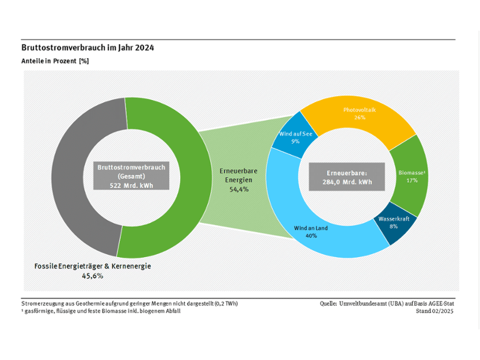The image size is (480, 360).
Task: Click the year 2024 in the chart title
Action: point(144,48)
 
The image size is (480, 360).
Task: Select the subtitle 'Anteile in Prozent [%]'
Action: point(55,61)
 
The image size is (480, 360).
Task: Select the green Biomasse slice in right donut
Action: point(410,177)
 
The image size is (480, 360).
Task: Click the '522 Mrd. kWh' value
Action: point(131,186)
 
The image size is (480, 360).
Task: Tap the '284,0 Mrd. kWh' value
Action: point(347,182)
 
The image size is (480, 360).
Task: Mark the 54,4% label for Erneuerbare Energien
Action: point(239,189)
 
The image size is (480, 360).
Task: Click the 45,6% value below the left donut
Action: point(93,276)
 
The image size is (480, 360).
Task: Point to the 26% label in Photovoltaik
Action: point(360,117)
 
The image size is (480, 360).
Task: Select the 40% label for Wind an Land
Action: point(311,236)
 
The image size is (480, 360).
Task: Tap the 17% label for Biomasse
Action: point(412,181)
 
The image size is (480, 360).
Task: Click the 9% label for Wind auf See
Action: point(295,141)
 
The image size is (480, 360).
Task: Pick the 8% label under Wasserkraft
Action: point(394,227)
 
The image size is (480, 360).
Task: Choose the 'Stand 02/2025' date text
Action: point(435,311)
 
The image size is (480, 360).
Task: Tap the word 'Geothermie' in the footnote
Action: point(89,304)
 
